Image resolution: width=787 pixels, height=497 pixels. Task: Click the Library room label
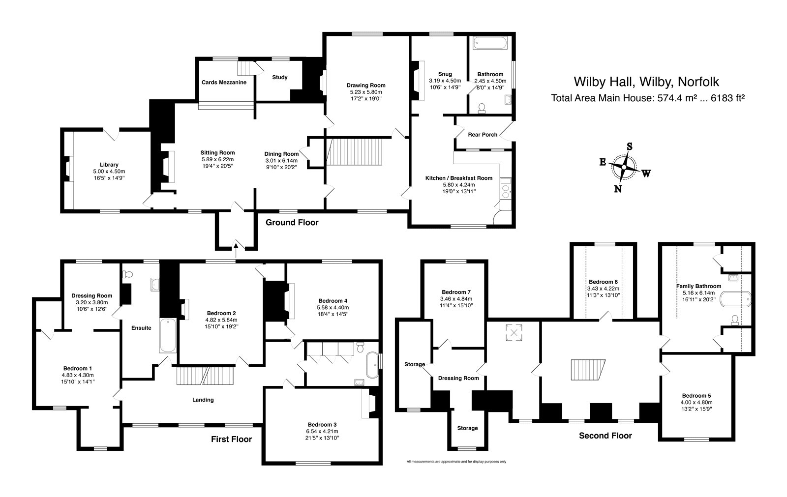click(109, 165)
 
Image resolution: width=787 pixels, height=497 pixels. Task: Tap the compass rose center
click(624, 168)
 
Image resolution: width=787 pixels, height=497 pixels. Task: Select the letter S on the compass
click(629, 146)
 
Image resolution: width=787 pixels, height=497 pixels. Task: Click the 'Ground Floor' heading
click(292, 223)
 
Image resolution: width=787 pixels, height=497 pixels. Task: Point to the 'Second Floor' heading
click(605, 436)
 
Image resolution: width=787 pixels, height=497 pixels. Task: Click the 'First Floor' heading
click(228, 439)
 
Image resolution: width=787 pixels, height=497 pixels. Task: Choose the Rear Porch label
click(482, 135)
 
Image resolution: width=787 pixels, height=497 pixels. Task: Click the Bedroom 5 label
click(696, 396)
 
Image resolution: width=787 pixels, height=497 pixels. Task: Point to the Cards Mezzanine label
click(224, 83)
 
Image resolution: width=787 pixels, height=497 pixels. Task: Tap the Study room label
click(280, 77)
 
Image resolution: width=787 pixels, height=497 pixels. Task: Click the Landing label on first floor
click(203, 400)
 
